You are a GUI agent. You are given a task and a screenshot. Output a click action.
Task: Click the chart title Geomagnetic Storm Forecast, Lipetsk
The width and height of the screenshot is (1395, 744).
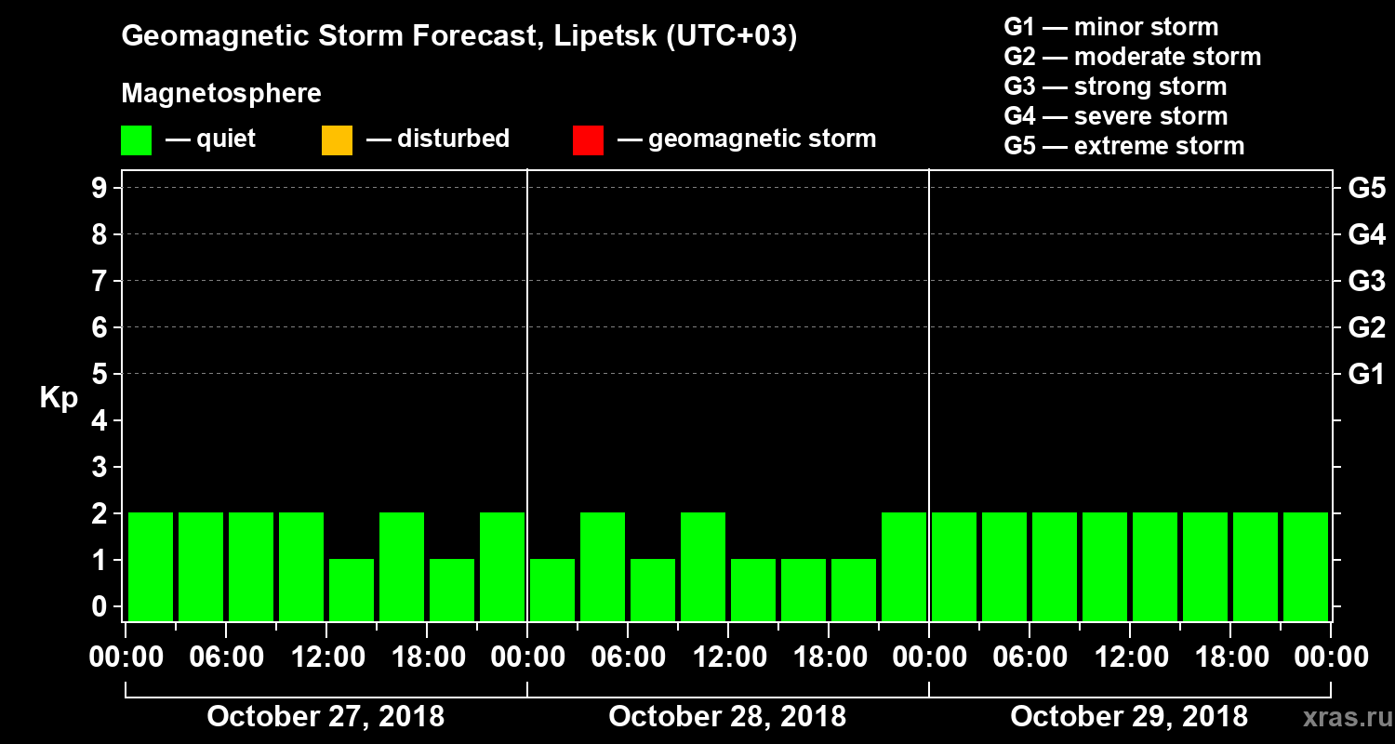click(459, 37)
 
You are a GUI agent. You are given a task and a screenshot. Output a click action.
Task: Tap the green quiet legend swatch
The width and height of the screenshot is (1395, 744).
click(136, 140)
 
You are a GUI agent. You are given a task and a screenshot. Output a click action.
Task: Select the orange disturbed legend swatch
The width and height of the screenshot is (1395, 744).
click(337, 140)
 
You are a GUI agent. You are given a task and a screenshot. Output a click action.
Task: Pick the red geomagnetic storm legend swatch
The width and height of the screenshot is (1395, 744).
click(588, 140)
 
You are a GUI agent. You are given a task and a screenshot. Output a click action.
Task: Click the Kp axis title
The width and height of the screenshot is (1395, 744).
click(59, 398)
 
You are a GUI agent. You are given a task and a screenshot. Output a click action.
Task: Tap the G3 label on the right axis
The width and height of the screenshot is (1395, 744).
click(1366, 282)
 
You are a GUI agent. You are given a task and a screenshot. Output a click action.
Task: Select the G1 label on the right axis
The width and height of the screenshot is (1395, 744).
click(1366, 375)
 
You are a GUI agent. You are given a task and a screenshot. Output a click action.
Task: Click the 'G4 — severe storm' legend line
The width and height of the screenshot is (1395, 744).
click(1115, 116)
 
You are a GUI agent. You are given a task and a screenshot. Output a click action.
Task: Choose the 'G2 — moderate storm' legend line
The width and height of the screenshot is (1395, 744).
click(1132, 57)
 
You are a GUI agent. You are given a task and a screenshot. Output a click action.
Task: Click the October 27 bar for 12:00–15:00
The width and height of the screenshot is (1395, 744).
click(352, 590)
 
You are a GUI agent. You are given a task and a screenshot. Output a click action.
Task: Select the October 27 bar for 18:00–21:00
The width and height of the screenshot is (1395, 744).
click(452, 590)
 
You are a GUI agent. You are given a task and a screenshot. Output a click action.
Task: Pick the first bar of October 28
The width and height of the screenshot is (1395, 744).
click(552, 590)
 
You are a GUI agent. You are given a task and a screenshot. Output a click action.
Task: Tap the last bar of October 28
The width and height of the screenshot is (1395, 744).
click(904, 566)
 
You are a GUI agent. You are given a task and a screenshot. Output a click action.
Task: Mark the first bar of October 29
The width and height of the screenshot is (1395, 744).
click(954, 566)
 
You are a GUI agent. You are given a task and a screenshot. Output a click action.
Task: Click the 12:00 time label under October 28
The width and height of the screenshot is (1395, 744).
click(728, 658)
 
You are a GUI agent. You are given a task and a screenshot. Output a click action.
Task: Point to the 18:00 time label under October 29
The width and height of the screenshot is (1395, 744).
click(1230, 658)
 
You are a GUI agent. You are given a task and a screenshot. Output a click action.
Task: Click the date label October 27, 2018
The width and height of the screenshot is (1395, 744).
click(325, 717)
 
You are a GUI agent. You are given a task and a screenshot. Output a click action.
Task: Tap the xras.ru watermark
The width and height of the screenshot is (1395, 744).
click(1341, 717)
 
